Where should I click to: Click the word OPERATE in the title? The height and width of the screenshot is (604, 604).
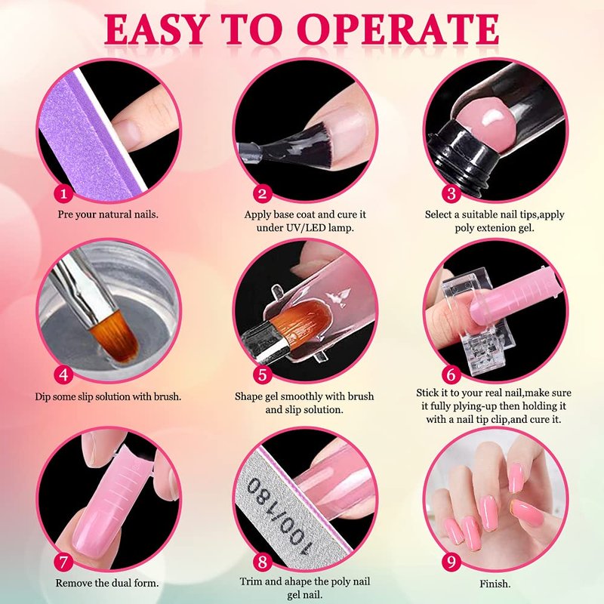point(398,30)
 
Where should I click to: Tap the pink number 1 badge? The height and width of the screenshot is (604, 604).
point(63,193)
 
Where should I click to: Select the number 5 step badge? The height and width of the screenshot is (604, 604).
point(262,374)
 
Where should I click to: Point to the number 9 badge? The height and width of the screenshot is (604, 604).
point(451,562)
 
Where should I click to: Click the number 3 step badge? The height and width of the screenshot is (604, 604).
point(451,193)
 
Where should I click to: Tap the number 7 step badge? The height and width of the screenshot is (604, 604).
point(63,562)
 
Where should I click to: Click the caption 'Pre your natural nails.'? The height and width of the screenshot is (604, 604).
point(108,214)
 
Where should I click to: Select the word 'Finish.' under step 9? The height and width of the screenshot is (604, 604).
point(495,584)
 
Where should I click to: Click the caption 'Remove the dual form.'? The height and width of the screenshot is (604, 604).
point(107,583)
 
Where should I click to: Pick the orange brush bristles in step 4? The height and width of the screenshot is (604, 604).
point(115,340)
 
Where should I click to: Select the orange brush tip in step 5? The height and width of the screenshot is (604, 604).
point(300,321)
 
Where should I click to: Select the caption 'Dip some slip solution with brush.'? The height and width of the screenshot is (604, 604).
point(108,397)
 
